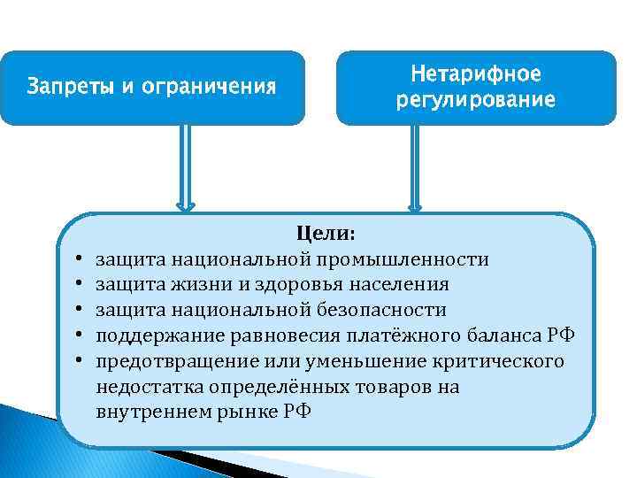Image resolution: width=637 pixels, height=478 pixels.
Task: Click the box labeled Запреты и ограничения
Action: (152, 88)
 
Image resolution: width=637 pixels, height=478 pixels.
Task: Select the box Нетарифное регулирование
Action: (475, 88)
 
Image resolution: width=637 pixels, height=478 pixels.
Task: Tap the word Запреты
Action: (65, 88)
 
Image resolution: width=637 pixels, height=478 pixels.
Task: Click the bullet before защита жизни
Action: (80, 286)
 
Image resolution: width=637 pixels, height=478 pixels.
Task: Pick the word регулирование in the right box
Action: (476, 100)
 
